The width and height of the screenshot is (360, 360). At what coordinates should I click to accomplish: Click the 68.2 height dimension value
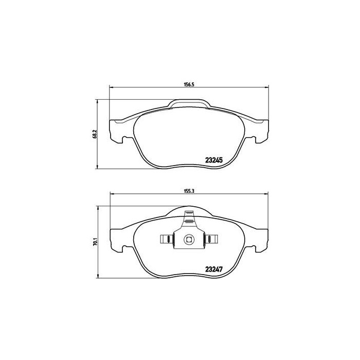click(94, 134)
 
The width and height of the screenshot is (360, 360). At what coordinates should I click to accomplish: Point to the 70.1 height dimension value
click(94, 240)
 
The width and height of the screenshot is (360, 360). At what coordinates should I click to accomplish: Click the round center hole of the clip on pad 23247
click(189, 239)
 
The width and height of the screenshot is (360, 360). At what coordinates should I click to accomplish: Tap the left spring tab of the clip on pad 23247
click(166, 239)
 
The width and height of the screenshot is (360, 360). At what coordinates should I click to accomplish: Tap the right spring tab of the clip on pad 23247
click(211, 239)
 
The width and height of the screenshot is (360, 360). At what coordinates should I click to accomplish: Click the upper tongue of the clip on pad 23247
click(189, 220)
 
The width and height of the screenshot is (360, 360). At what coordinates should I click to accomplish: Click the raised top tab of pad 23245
click(189, 105)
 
